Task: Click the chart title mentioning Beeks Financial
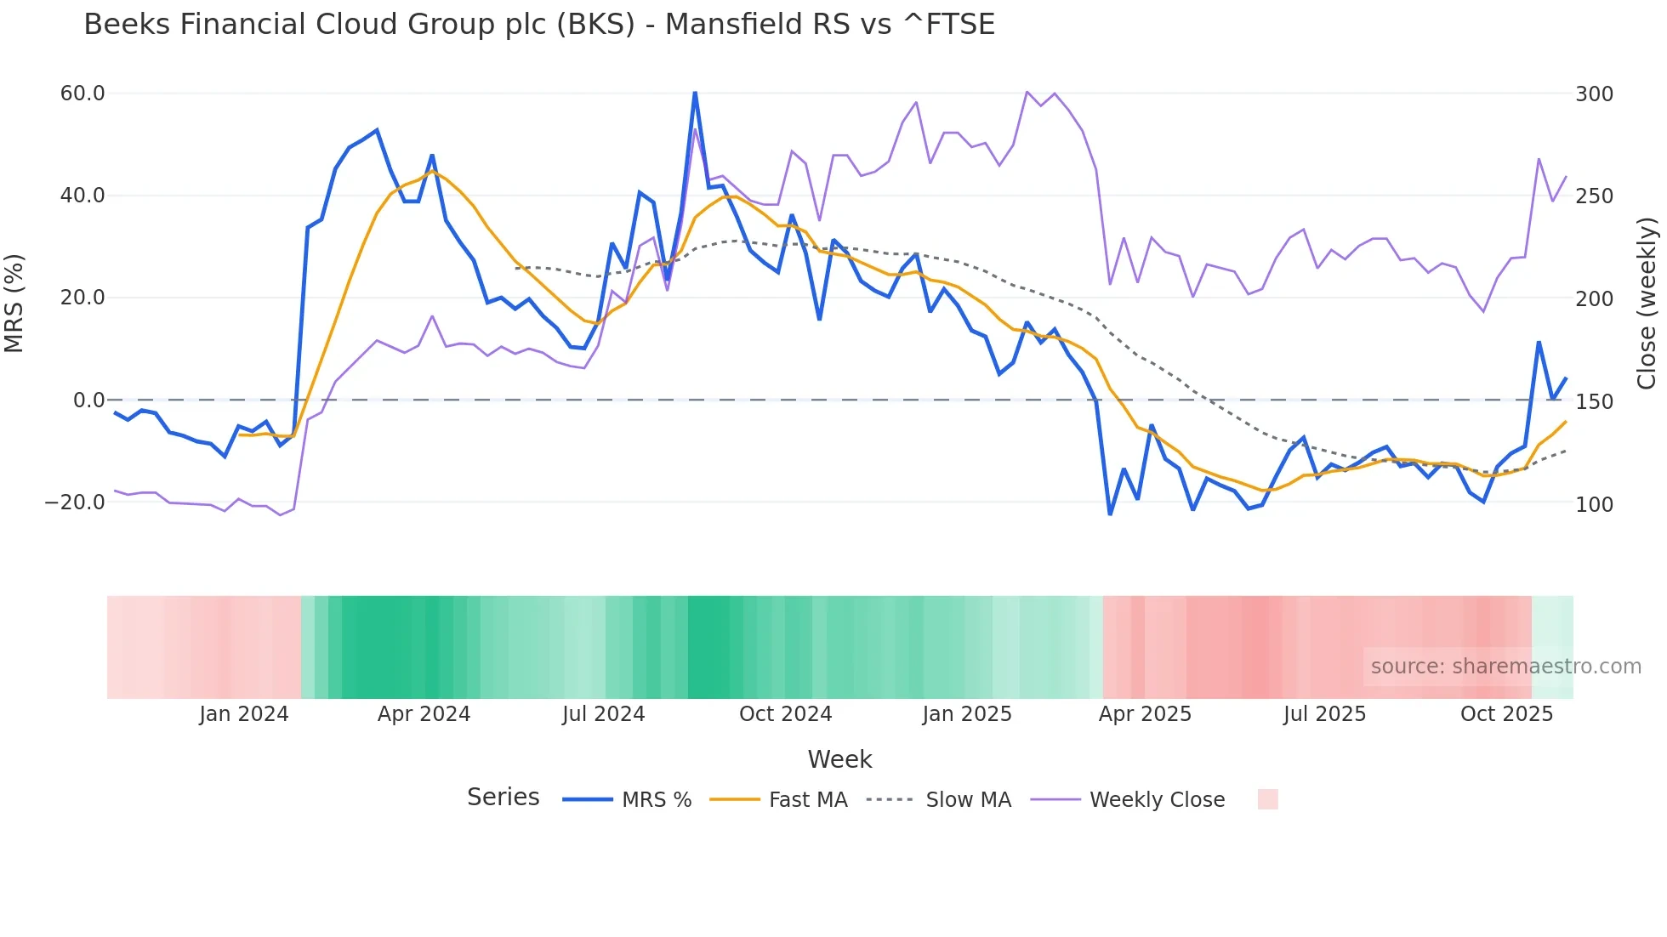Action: (x=539, y=25)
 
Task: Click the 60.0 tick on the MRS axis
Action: (x=82, y=94)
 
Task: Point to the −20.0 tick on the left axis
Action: (x=75, y=503)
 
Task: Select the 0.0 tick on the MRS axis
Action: (x=89, y=400)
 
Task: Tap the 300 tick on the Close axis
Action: (x=1594, y=94)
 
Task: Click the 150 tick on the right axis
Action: (x=1594, y=401)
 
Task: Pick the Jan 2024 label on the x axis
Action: (x=244, y=714)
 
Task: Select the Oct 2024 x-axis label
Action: (x=785, y=714)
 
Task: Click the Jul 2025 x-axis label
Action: (x=1324, y=714)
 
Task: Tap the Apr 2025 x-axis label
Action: (x=1145, y=714)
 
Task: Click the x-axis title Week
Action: (x=839, y=759)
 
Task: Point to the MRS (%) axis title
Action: (x=14, y=304)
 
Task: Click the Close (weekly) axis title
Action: (x=1647, y=304)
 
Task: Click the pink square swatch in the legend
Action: (x=1267, y=799)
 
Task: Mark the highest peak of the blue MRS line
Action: (x=695, y=93)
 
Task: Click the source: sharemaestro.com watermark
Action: (x=1505, y=667)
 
